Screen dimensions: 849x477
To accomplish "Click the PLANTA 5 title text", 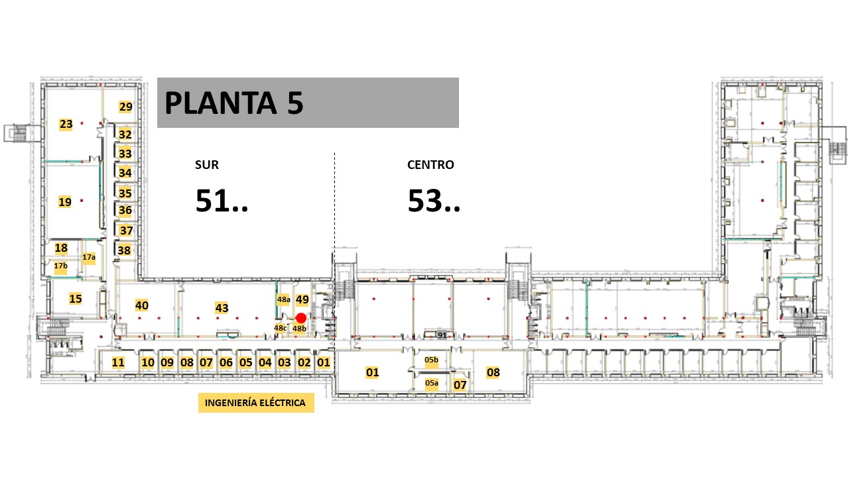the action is [x=234, y=103].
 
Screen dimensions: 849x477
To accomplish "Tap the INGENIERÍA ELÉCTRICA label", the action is [x=256, y=403].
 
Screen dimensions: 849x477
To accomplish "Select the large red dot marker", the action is [x=301, y=318].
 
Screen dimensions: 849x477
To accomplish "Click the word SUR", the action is [x=207, y=165].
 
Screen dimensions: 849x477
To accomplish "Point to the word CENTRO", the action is [x=430, y=165].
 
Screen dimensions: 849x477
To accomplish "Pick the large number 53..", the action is [x=425, y=201].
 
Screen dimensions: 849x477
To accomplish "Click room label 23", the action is [x=66, y=124].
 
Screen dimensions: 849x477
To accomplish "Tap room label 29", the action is [x=125, y=107].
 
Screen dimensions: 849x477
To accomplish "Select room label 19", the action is [x=65, y=202].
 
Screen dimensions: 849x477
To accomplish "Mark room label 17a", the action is [x=89, y=258].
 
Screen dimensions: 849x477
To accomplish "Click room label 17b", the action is [x=60, y=266].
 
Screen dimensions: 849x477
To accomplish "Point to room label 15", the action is [x=76, y=299].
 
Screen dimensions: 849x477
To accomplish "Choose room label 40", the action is [x=142, y=305].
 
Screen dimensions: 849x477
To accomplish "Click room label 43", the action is [x=222, y=308].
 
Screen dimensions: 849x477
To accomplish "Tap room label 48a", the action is [x=283, y=300].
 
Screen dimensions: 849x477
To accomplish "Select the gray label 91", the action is [x=442, y=335].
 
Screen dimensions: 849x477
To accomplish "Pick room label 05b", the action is [x=431, y=360].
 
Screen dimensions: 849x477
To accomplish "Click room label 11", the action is [x=118, y=362].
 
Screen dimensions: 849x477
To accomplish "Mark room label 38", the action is [x=124, y=250].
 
